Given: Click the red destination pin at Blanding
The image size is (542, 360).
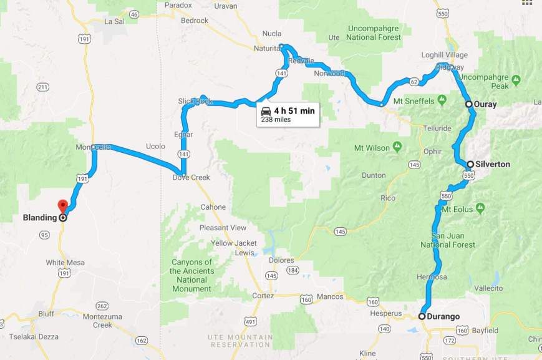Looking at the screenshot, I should (62, 206).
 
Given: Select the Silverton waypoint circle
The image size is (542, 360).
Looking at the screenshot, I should (470, 164).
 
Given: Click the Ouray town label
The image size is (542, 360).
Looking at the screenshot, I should (486, 104).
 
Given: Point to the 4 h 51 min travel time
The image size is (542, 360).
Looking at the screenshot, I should (294, 110).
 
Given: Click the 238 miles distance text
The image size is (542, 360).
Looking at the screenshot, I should (276, 119).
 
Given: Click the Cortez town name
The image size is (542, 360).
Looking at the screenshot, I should (263, 296).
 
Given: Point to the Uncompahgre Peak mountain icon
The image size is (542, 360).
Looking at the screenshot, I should (516, 80).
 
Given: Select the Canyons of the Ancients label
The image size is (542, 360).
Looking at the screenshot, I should (191, 275).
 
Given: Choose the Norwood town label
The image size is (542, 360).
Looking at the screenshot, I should (329, 73).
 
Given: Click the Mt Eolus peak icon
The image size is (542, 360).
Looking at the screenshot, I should (480, 207).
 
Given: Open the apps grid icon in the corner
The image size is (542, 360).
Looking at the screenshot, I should (528, 2).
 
